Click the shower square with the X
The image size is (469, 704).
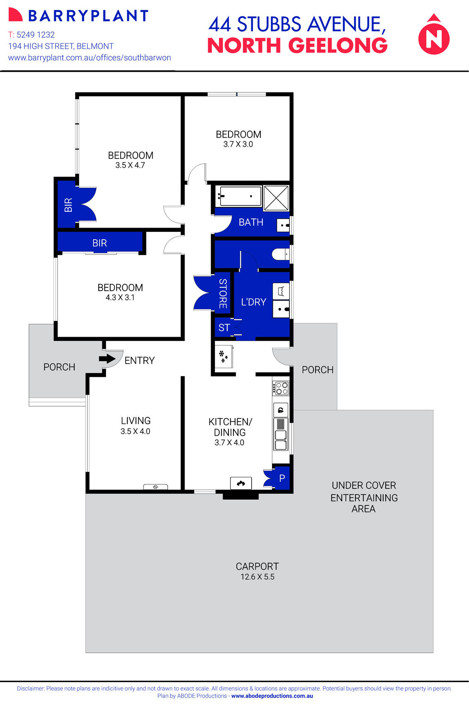276,198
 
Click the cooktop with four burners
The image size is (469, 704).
281,388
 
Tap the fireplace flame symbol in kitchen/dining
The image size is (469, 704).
241,483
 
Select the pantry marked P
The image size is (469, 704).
282,478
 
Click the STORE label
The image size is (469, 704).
223,294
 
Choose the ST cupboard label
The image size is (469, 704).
224,328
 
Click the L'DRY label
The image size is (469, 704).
253,302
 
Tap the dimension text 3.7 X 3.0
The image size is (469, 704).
238,144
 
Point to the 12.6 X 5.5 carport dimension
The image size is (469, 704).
257,577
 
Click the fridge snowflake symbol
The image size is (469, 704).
223,357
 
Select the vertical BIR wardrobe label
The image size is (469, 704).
68,205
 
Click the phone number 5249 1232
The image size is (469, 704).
36,35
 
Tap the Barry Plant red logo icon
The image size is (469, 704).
15,15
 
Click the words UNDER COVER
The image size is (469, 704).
364,485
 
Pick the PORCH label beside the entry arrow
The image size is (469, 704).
59,367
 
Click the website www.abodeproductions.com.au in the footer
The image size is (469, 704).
272,696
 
